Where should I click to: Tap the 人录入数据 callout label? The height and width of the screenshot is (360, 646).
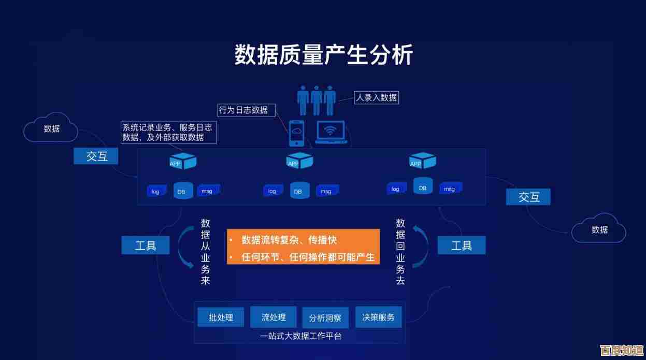[376, 97]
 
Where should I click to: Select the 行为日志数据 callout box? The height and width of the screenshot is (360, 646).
[243, 110]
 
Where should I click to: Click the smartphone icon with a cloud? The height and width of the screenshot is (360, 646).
[296, 133]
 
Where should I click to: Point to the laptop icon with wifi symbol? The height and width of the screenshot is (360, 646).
[331, 132]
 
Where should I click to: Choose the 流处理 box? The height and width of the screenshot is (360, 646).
[274, 317]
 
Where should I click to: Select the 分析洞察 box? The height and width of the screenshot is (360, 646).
[325, 318]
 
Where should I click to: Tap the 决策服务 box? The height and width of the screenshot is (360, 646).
[378, 317]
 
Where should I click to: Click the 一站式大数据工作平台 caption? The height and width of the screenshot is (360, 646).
[300, 336]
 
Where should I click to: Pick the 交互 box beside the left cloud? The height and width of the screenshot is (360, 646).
[96, 156]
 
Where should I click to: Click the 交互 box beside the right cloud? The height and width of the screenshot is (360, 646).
[528, 197]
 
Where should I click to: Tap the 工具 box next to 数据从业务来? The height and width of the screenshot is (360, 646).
[146, 246]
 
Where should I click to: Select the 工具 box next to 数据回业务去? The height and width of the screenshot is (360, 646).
[462, 246]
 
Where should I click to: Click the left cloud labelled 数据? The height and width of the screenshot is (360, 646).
[51, 128]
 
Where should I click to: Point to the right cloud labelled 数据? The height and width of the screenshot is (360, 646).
[599, 229]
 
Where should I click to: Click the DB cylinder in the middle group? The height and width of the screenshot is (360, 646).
[298, 190]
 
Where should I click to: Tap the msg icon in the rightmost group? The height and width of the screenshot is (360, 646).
[450, 189]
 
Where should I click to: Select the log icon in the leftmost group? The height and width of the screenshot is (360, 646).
[155, 191]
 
